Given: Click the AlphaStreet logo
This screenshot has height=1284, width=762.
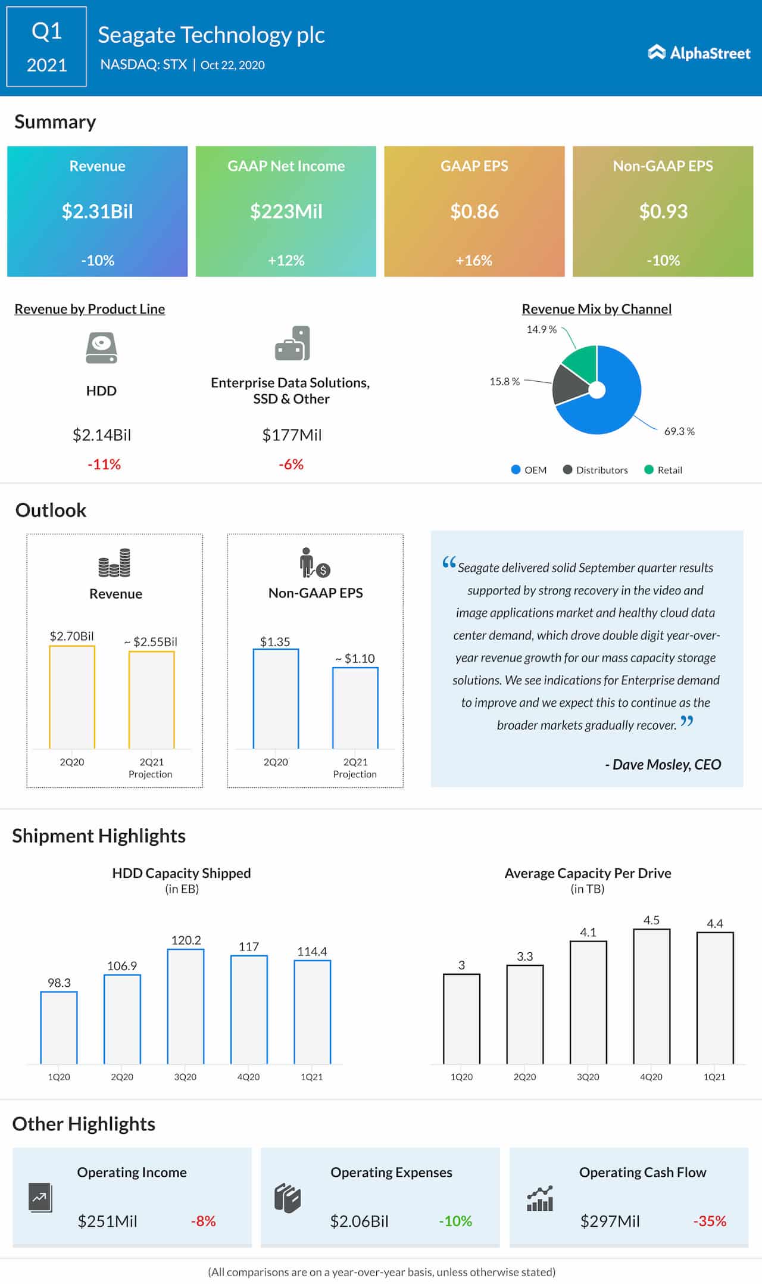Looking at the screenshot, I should click(x=699, y=53).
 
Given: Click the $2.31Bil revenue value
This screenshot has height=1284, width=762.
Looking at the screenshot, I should click(x=98, y=211).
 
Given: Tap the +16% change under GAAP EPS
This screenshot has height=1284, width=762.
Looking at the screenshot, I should click(x=474, y=260).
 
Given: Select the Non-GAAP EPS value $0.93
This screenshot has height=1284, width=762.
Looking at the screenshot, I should click(x=663, y=211).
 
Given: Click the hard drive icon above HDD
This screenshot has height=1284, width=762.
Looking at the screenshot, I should click(x=101, y=348).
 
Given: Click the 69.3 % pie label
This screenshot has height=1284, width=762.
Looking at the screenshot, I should click(x=679, y=431).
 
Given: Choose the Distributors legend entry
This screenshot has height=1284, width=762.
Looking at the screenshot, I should click(x=595, y=470).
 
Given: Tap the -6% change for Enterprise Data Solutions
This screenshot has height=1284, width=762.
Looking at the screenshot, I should click(x=291, y=465).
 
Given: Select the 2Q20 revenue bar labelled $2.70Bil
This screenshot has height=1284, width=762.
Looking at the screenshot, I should click(x=72, y=697).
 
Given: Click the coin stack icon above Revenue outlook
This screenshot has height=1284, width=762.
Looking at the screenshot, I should click(x=115, y=563).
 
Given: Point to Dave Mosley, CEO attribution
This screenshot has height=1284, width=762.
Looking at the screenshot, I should click(x=663, y=765).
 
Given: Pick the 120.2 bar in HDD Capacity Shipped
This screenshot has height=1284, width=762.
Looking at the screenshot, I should click(x=186, y=1006).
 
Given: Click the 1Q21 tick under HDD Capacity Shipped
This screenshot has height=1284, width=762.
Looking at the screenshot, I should click(x=311, y=1077).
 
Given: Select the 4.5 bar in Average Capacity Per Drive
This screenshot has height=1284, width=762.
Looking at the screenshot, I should click(x=651, y=996).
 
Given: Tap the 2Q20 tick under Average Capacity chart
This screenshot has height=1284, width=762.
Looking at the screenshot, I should click(x=524, y=1077).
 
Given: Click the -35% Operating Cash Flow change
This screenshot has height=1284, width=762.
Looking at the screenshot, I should click(x=710, y=1221).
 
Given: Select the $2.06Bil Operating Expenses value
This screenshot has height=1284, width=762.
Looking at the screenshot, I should click(x=359, y=1221).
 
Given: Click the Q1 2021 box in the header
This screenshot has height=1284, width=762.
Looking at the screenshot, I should click(x=46, y=47).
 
